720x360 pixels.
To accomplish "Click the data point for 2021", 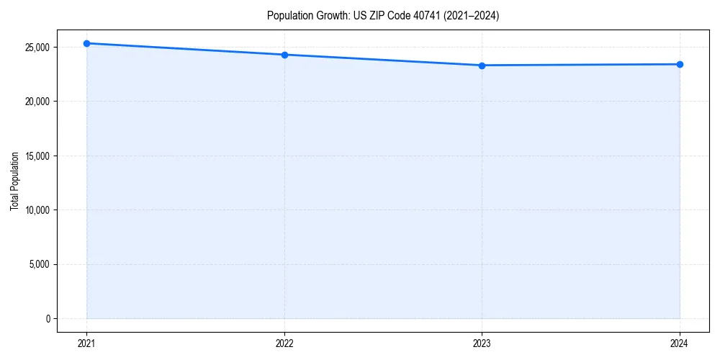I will (x=86, y=43).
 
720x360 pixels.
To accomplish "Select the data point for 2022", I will (x=284, y=55).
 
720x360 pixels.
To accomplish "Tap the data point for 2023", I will (x=482, y=66).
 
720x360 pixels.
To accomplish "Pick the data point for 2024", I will (x=680, y=64).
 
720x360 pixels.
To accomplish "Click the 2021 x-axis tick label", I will (x=86, y=343).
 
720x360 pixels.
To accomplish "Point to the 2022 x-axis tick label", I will (x=284, y=343).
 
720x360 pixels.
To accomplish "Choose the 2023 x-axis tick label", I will (x=482, y=343).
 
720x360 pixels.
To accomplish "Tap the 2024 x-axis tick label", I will (x=680, y=343).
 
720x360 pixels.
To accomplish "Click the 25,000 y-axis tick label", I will (x=37, y=48).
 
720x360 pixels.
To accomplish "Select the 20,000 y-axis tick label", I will (x=37, y=102).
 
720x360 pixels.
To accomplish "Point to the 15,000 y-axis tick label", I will (x=37, y=156).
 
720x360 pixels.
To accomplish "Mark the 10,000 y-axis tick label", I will (x=37, y=210).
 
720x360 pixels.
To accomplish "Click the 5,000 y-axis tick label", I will (x=39, y=264).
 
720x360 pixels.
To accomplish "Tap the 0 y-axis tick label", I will (x=48, y=319).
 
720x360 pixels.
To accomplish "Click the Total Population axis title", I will (x=14, y=181).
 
